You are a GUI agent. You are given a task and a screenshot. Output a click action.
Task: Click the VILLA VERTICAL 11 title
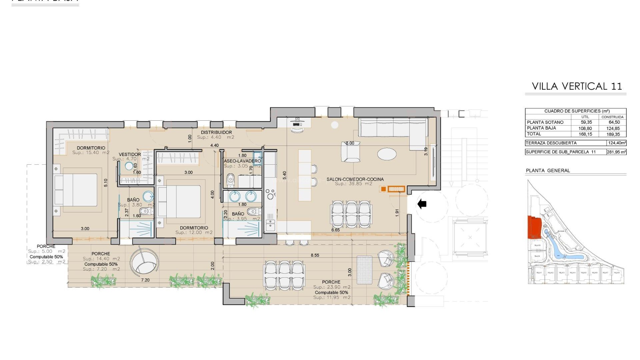tap(577, 86)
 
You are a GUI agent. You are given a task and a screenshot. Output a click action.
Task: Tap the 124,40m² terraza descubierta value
tap(617, 143)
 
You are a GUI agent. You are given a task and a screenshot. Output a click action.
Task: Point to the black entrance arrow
tap(422, 204)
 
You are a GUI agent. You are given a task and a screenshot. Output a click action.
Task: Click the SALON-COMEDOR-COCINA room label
tap(355, 179)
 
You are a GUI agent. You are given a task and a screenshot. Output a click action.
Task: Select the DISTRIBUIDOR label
tap(216, 132)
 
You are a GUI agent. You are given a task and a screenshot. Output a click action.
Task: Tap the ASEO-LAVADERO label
tap(242, 161)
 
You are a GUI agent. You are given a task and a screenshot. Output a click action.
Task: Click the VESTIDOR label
tap(130, 154)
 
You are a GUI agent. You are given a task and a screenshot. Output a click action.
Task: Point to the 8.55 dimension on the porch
tap(315, 255)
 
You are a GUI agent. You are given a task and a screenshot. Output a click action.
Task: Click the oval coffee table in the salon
tap(387, 154)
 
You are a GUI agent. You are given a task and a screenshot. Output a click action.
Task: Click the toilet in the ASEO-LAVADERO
tap(230, 180)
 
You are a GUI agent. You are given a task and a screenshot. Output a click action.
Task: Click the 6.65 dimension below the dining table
tap(335, 230)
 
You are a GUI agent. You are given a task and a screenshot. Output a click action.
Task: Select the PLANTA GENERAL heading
tap(548, 171)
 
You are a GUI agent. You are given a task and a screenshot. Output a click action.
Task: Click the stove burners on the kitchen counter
tap(270, 193)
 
